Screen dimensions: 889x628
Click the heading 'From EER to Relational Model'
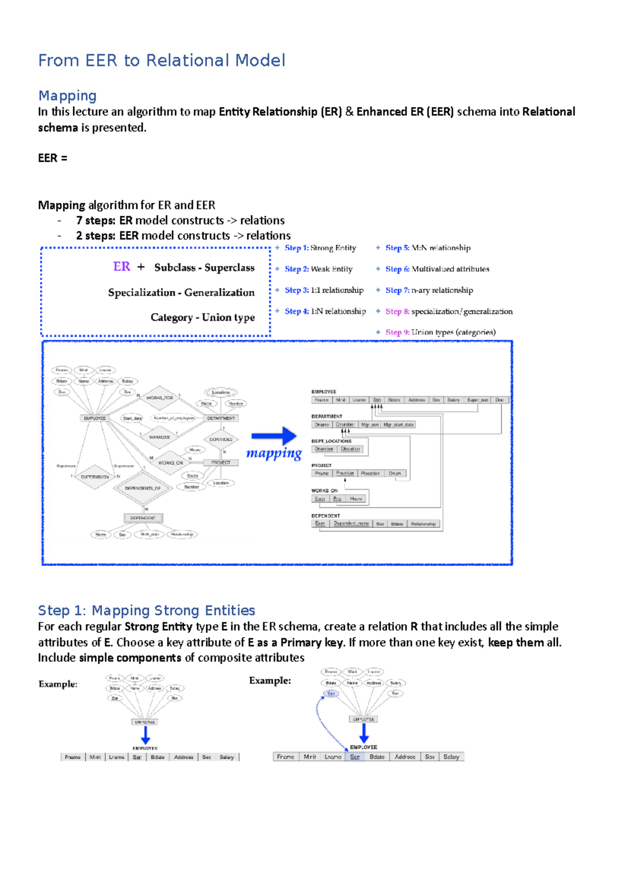pos(162,60)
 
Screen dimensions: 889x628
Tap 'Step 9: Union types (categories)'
pos(440,332)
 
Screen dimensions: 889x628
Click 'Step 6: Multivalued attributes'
pos(437,269)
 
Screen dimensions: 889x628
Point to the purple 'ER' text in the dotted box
pos(121,266)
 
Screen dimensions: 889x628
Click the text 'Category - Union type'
pos(203,317)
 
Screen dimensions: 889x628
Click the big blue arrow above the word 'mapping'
pos(274,436)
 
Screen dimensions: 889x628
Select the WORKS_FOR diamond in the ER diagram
pos(160,398)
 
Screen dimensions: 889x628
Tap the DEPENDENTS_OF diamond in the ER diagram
pos(143,488)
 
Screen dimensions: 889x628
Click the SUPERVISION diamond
pos(95,477)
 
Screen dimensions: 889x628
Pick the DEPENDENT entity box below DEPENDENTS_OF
pos(143,518)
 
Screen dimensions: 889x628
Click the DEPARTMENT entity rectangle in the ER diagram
pos(221,418)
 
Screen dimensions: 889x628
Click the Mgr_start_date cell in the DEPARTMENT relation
pos(398,425)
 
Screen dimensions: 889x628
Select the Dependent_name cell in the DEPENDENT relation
pos(351,524)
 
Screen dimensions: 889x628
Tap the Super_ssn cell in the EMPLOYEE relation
pos(477,400)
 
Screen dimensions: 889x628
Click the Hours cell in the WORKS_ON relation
pos(356,499)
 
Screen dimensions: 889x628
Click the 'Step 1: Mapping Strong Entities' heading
pos(147,610)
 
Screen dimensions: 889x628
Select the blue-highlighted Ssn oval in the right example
pos(331,693)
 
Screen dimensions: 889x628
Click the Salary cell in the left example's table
pos(227,757)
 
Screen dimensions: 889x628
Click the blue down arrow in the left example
pos(145,736)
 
